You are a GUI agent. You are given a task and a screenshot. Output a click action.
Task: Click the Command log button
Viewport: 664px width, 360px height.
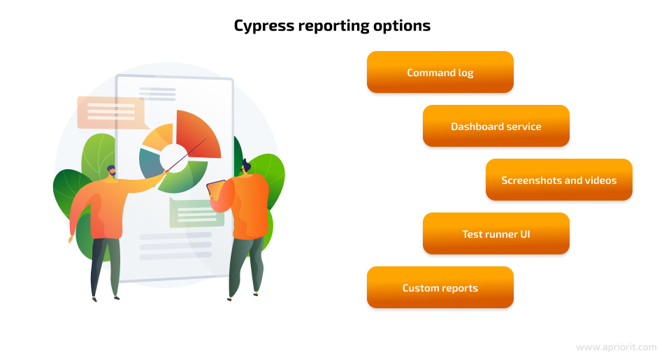pyautogui.click(x=440, y=72)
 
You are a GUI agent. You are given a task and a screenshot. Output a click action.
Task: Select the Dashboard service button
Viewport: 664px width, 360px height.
pyautogui.click(x=496, y=126)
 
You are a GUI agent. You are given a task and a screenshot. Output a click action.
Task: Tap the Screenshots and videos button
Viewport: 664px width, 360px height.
pyautogui.click(x=559, y=180)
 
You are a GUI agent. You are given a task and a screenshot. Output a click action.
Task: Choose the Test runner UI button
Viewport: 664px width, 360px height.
pyautogui.click(x=496, y=233)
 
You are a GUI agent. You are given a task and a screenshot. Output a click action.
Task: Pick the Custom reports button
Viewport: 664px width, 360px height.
pyautogui.click(x=440, y=287)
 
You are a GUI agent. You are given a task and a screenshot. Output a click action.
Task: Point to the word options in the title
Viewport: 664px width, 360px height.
pyautogui.click(x=402, y=27)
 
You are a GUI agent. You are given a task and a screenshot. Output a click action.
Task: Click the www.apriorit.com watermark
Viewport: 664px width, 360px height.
pyautogui.click(x=616, y=347)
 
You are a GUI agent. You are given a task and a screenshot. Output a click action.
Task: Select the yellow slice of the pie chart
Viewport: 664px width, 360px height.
pyautogui.click(x=159, y=136)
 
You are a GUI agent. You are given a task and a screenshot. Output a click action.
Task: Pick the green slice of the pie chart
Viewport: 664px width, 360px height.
pyautogui.click(x=185, y=178)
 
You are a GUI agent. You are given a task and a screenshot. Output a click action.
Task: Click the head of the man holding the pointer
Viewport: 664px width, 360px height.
pyautogui.click(x=111, y=171)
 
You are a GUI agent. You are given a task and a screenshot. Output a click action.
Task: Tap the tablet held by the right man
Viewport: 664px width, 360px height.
pyautogui.click(x=217, y=189)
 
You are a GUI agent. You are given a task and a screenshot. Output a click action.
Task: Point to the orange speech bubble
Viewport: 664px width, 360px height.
pyautogui.click(x=112, y=113)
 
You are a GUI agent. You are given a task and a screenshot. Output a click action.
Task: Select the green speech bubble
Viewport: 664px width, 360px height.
pyautogui.click(x=196, y=213)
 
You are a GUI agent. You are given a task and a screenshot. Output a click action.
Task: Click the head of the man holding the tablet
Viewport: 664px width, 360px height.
pyautogui.click(x=245, y=166)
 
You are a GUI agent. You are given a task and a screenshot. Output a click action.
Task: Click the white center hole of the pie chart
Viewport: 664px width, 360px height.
pyautogui.click(x=173, y=158)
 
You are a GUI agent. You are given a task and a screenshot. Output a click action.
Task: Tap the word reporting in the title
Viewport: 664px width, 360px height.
pyautogui.click(x=333, y=27)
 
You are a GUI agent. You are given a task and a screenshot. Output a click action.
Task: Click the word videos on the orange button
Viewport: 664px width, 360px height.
pyautogui.click(x=600, y=180)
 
